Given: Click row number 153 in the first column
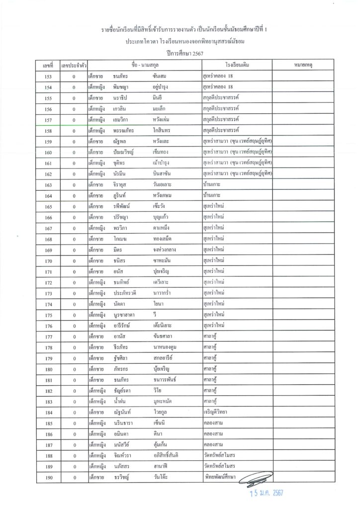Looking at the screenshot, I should pos(48,77).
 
